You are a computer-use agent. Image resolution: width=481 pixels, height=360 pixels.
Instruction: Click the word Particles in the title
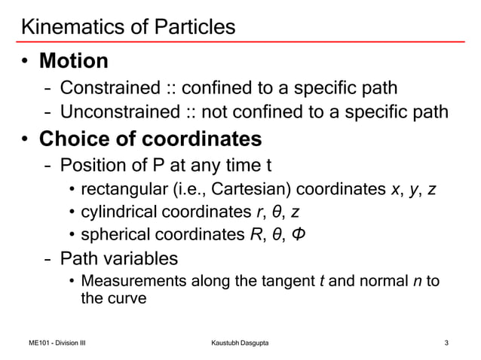click(198, 27)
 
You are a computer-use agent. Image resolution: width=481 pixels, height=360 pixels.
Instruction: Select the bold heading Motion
click(74, 59)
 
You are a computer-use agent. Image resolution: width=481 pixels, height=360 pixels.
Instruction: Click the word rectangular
click(121, 188)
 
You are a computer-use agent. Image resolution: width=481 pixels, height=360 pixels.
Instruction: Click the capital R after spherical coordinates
click(255, 234)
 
